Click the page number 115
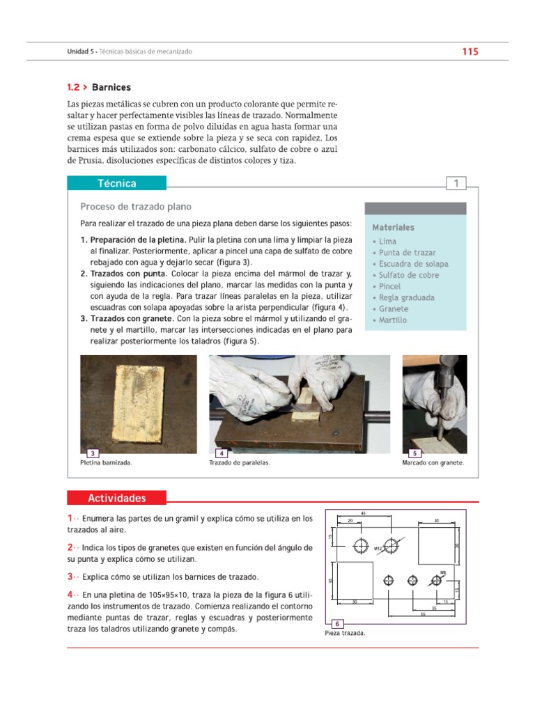(470, 52)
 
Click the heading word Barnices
(111, 88)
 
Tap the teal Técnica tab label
(116, 184)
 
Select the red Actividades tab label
(116, 498)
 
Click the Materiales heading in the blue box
(393, 227)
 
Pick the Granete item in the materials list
(394, 308)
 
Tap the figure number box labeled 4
(221, 453)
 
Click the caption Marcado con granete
(433, 463)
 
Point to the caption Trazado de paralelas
(239, 463)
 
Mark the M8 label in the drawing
(442, 570)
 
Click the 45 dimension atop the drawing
(363, 513)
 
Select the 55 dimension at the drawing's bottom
(422, 614)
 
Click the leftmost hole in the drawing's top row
(362, 544)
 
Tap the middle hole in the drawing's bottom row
(412, 579)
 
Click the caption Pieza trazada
(345, 634)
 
